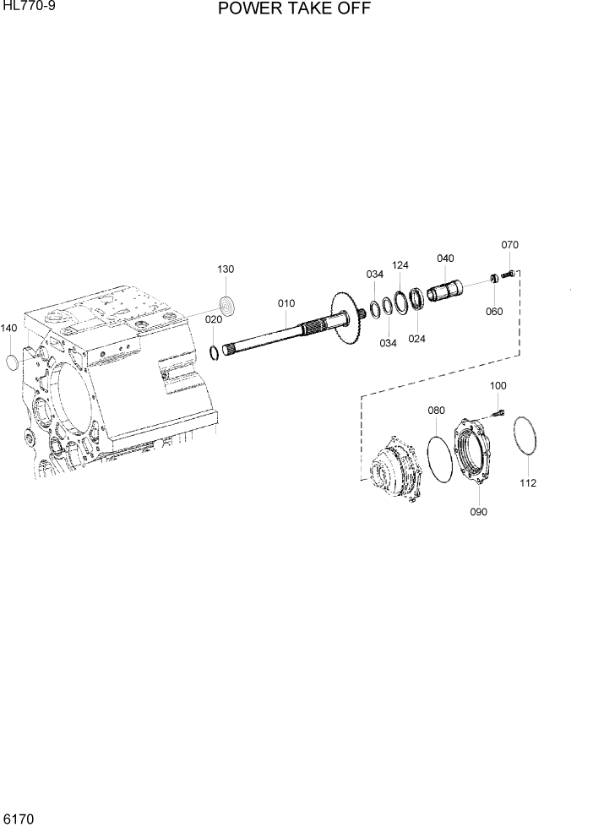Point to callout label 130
226,269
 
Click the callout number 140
8,328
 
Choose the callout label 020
215,320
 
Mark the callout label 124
400,265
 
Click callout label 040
445,258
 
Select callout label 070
509,245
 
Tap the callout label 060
494,312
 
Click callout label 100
498,385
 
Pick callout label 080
436,411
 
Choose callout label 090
479,511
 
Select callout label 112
528,483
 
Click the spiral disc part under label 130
226,304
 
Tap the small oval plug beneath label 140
11,363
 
